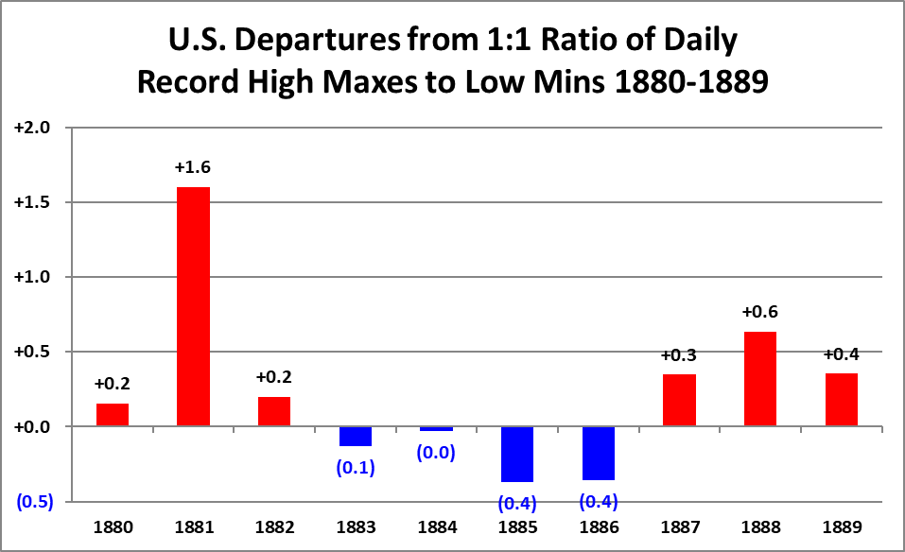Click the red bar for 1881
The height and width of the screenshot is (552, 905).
tap(193, 306)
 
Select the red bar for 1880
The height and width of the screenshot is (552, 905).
tap(112, 415)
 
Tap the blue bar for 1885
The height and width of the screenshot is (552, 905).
tap(517, 454)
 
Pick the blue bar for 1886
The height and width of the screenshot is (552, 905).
tap(599, 453)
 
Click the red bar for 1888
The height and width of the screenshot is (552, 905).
tap(760, 378)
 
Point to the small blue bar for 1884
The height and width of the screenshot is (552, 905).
tap(436, 429)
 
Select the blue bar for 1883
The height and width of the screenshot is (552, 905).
tap(355, 436)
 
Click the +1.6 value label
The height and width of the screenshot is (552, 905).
tap(193, 167)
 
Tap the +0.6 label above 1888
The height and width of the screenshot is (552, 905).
tap(760, 312)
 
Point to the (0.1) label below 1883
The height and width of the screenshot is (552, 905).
tap(356, 467)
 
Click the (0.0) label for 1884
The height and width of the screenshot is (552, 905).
tap(436, 453)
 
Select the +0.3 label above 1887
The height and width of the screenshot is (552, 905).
tap(679, 354)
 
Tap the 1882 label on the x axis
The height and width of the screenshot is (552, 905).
tap(274, 526)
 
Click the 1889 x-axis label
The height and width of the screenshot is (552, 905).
tap(841, 526)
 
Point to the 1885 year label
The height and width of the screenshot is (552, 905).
tap(517, 526)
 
